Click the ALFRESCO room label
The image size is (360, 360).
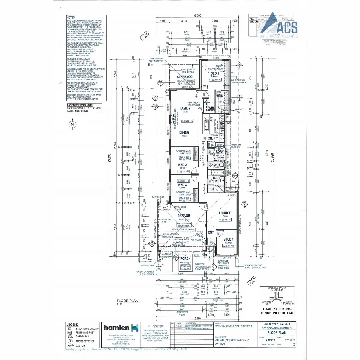click(x=184, y=77)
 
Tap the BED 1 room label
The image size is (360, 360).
click(x=215, y=73)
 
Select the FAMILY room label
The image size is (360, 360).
click(x=185, y=108)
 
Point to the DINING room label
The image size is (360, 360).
click(x=184, y=132)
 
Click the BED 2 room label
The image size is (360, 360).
click(x=182, y=165)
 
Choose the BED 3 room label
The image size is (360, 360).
click(x=182, y=185)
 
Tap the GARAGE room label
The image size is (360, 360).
click(x=184, y=215)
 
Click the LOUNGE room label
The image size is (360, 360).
click(x=225, y=213)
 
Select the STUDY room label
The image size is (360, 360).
click(x=228, y=239)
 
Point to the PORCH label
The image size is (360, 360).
click(x=185, y=258)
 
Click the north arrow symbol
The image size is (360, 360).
click(x=72, y=124)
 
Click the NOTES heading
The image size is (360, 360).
click(x=71, y=18)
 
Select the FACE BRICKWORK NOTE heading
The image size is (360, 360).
click(x=80, y=105)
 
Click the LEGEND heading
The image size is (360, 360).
click(x=72, y=325)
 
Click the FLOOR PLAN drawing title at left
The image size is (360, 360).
click(x=127, y=301)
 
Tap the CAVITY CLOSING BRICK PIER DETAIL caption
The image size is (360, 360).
click(x=277, y=311)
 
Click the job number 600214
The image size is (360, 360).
click(x=271, y=340)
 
